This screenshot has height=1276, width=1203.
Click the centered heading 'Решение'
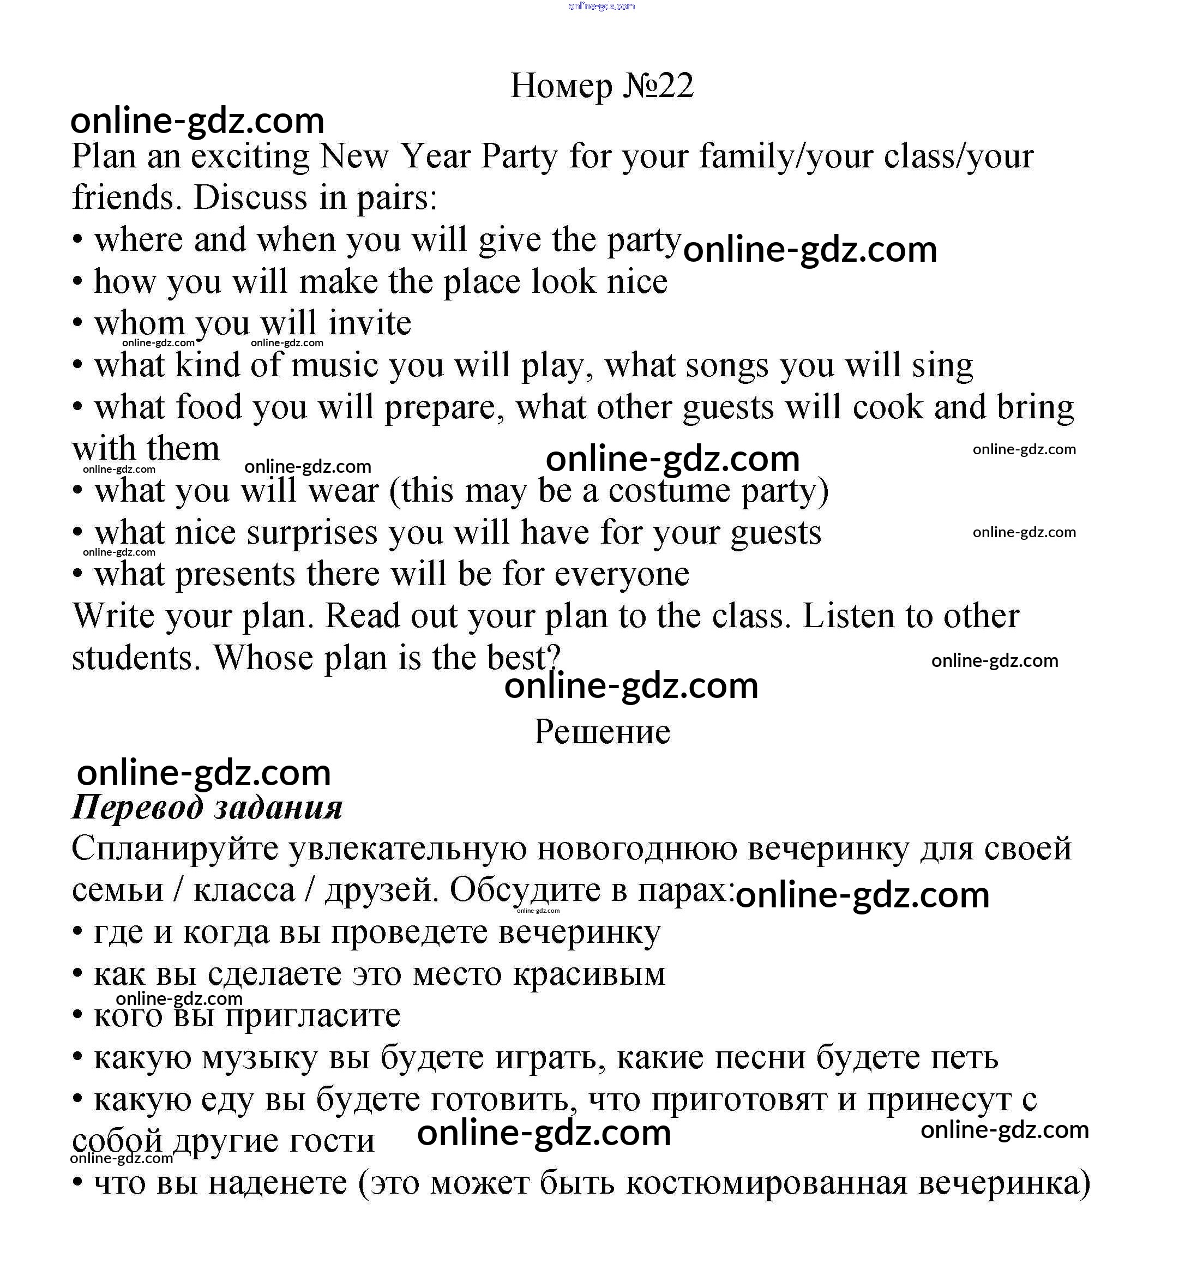(x=601, y=732)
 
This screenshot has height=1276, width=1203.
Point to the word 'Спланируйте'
(x=175, y=849)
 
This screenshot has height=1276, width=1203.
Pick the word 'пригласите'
(x=312, y=1016)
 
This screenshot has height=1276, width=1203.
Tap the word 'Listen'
(x=848, y=616)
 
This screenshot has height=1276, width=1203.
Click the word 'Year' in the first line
(x=435, y=157)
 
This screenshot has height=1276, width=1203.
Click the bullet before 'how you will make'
(x=77, y=282)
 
